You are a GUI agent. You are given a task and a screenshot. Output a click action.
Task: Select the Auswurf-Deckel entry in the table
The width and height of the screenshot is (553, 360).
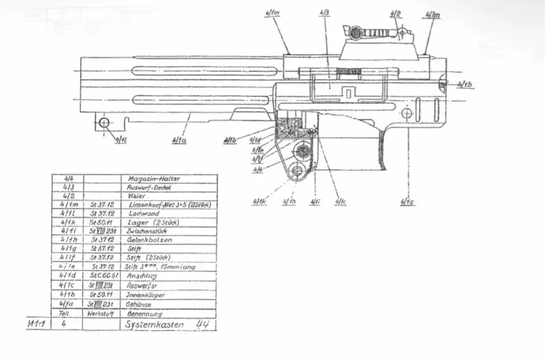(148, 187)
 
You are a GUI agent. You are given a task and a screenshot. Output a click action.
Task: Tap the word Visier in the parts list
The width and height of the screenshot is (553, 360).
(136, 196)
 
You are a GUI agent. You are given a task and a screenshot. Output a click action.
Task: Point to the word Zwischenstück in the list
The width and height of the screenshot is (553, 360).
(149, 231)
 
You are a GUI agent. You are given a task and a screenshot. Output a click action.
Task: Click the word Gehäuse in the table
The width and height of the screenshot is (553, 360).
(140, 305)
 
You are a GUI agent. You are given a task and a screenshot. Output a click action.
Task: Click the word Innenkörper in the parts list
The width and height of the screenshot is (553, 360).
(145, 295)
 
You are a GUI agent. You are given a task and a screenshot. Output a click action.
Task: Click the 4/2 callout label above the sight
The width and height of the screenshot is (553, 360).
(395, 14)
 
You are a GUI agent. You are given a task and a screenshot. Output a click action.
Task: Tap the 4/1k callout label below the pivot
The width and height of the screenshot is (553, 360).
(259, 202)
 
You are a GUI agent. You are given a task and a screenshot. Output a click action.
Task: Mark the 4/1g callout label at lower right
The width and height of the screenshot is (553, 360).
(408, 202)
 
